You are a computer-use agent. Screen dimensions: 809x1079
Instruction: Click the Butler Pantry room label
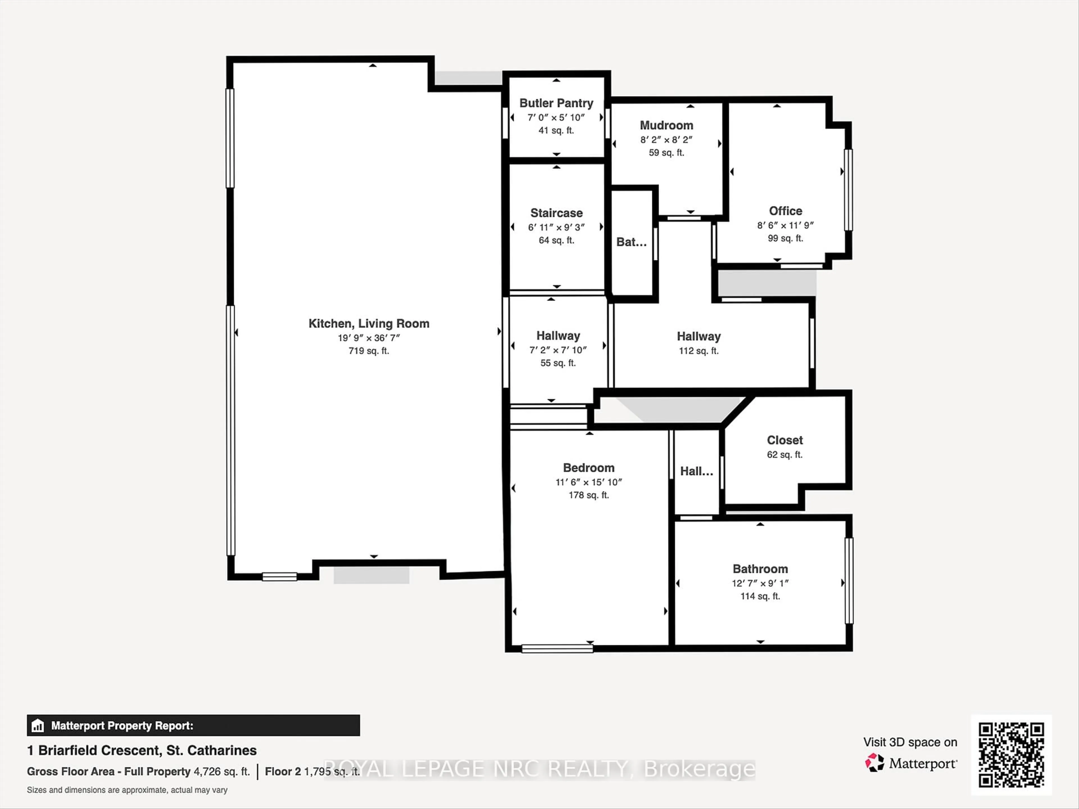pos(556,103)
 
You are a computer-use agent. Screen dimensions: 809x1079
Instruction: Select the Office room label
pos(785,211)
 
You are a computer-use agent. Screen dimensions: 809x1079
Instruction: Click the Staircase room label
pos(556,213)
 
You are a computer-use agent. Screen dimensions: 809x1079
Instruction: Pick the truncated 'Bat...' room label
pos(631,242)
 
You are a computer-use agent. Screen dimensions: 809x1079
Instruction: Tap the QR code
pos(1011,755)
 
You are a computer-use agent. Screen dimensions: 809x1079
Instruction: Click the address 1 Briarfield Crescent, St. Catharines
pos(141,751)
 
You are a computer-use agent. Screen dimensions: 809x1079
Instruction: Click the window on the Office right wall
pos(848,190)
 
